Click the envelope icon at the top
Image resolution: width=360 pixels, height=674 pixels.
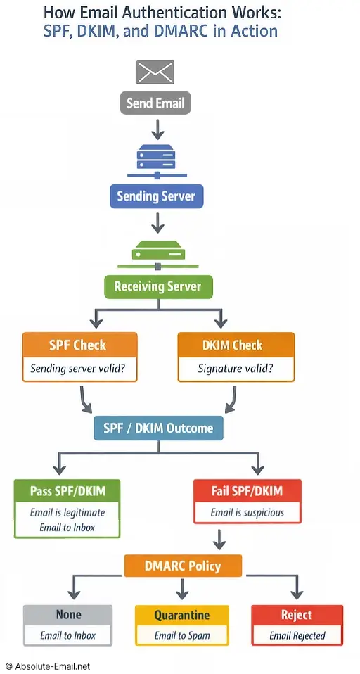(155, 71)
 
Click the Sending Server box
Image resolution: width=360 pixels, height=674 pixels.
(156, 196)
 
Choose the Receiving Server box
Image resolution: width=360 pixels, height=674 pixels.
(157, 286)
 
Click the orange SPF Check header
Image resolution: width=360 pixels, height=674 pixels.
(79, 345)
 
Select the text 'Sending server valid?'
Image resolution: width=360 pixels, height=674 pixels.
(79, 369)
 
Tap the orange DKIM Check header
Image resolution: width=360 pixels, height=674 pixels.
(236, 345)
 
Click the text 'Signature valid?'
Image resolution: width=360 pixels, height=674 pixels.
(236, 369)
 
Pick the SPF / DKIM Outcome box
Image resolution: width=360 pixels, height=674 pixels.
(158, 428)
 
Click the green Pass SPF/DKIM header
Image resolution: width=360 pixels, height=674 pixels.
(67, 490)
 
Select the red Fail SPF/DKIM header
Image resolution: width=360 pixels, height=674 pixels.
(247, 490)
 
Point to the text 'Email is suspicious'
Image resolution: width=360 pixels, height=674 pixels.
(247, 512)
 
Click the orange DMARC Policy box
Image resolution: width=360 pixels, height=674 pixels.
(183, 566)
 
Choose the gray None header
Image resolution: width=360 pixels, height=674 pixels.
(67, 615)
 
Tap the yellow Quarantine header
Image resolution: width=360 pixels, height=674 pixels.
(181, 615)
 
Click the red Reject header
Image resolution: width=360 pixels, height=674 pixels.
(297, 615)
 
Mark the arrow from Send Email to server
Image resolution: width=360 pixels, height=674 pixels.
(157, 128)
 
